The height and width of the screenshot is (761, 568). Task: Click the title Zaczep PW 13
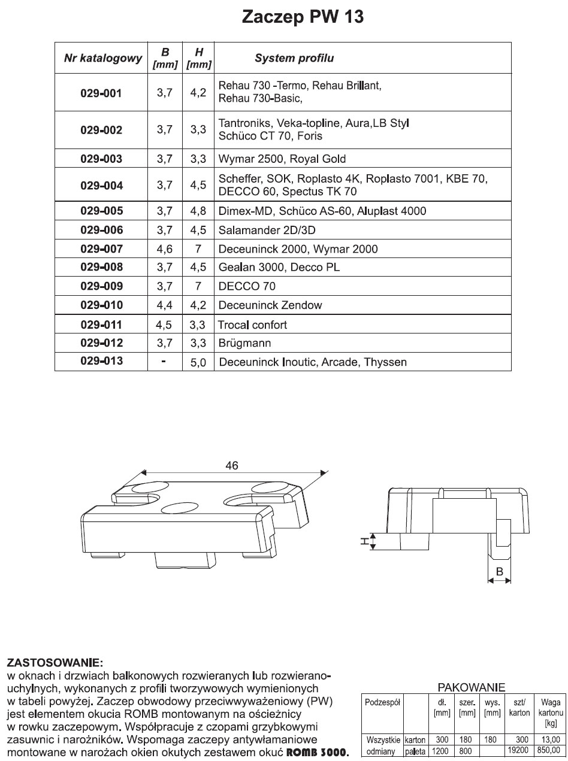(302, 17)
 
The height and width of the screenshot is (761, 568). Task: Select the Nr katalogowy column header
(102, 59)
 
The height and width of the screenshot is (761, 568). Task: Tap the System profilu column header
(294, 59)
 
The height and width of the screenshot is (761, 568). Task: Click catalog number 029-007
(101, 248)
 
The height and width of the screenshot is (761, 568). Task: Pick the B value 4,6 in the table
(164, 248)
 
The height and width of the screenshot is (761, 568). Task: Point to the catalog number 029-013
(101, 361)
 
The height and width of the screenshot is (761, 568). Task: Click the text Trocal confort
(252, 325)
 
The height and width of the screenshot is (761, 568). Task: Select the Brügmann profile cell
(245, 344)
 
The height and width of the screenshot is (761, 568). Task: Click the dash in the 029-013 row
(164, 362)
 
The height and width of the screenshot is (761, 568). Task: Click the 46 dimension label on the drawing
(232, 465)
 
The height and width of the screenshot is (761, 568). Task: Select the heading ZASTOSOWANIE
(55, 663)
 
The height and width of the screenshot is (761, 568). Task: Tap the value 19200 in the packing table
(518, 751)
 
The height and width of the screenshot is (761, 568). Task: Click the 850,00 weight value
(547, 751)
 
